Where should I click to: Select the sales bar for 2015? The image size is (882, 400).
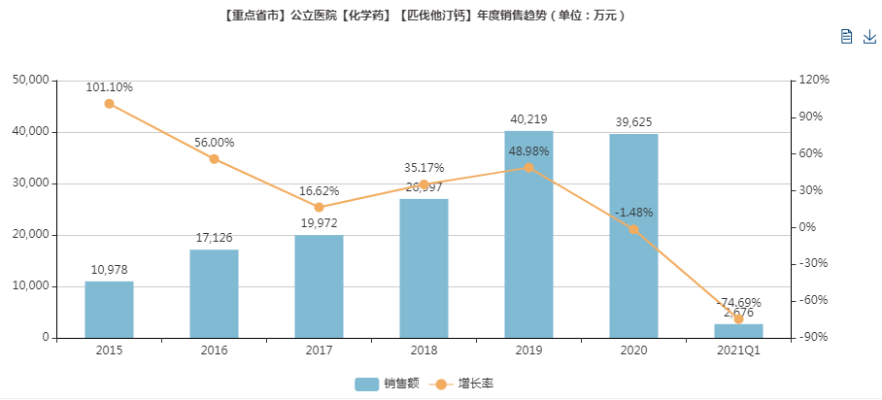tap(109, 310)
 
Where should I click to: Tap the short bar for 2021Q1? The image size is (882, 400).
tap(738, 331)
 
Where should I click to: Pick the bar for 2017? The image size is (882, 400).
tap(319, 286)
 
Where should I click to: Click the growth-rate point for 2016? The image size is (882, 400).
tap(214, 159)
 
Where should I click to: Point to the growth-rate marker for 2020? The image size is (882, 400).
tap(633, 230)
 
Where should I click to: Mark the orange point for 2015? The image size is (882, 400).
tap(109, 104)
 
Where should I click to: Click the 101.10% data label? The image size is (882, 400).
tap(109, 87)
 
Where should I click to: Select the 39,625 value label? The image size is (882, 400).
tap(633, 121)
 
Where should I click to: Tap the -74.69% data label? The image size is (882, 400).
tap(738, 302)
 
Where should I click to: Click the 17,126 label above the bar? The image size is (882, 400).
tap(214, 238)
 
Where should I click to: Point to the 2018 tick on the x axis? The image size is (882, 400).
tap(424, 350)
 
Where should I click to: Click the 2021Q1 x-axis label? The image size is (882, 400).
tap(738, 350)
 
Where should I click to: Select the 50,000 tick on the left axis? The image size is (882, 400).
tap(30, 80)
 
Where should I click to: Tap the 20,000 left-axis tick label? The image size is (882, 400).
tap(30, 235)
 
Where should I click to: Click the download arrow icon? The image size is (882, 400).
tap(869, 37)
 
